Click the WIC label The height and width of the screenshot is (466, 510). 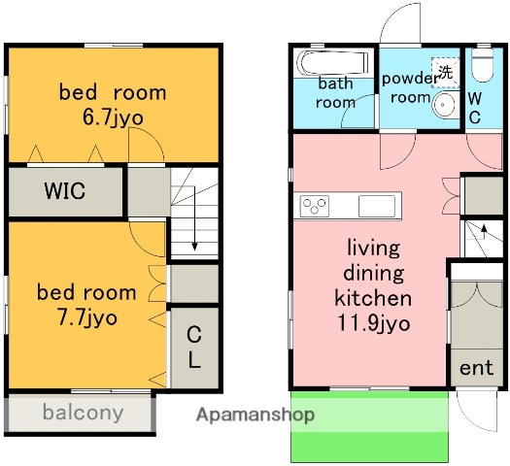(65, 190)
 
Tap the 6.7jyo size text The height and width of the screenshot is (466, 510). (113, 117)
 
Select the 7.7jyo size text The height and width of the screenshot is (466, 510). (86, 317)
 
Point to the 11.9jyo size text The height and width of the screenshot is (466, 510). (373, 323)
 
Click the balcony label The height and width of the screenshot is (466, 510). (83, 413)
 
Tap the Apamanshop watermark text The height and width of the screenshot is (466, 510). (255, 415)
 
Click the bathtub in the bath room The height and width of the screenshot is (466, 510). (334, 62)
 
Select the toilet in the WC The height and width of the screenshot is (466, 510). (483, 65)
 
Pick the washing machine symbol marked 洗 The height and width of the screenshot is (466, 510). (445, 73)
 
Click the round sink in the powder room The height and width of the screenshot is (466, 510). (443, 105)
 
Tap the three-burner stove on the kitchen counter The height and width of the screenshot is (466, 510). (314, 206)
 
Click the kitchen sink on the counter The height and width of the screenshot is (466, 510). (377, 206)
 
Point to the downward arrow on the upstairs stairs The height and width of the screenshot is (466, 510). (194, 218)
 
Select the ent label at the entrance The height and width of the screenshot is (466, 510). (477, 368)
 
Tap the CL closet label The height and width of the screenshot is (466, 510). (194, 347)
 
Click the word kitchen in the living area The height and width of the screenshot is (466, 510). (373, 298)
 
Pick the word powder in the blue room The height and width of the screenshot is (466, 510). (410, 79)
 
